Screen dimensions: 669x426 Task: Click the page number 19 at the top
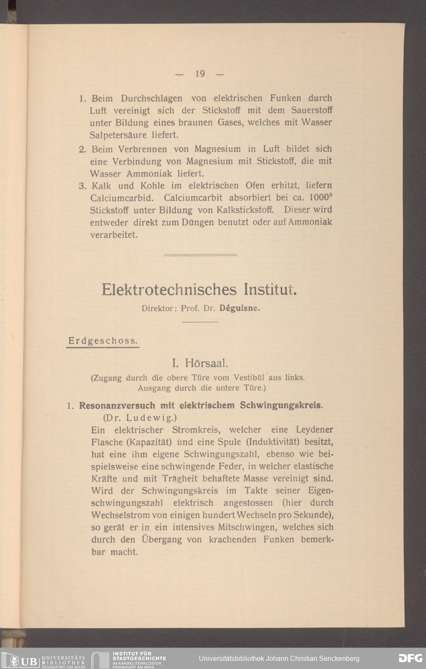(200, 74)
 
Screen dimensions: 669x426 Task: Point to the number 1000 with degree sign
(321, 197)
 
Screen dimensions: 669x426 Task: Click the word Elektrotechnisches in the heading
(169, 290)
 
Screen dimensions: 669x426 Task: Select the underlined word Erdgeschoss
(103, 341)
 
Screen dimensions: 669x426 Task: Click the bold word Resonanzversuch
(114, 405)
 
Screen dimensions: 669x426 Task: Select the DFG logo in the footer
(410, 658)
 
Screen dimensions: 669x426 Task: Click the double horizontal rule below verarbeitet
(200, 255)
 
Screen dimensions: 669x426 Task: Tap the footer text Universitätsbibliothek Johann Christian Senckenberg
(279, 658)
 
